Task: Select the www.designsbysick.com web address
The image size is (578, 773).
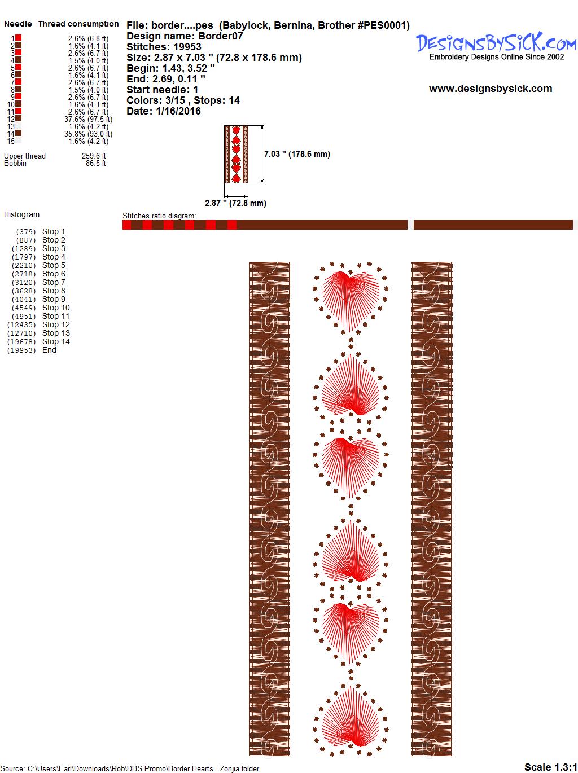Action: coord(491,89)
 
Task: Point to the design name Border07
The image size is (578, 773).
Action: coord(221,36)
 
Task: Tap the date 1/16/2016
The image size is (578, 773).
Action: coord(178,111)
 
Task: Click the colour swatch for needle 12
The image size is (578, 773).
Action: coord(18,118)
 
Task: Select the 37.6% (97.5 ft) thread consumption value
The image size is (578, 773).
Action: coord(88,120)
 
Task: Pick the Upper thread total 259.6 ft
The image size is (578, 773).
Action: coord(94,156)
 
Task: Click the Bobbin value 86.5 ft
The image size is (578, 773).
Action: coord(96,163)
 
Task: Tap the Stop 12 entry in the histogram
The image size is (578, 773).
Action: coord(56,324)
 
